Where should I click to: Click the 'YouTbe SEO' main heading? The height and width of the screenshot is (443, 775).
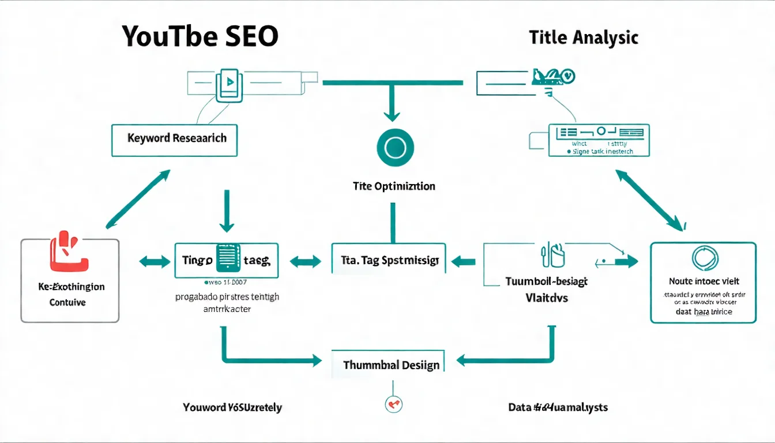coord(200,37)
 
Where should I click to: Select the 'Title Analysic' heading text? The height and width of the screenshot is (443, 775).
coord(584,38)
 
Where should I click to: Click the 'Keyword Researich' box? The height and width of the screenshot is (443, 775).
coord(174,139)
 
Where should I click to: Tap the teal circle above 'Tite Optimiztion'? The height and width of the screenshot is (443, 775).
coord(395,147)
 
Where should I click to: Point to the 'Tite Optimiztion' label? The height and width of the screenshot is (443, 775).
coord(394,187)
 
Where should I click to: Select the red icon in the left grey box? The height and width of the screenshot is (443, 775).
coord(69,251)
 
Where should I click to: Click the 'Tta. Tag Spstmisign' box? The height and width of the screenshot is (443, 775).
coord(388,261)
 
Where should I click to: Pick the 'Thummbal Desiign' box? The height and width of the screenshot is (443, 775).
coord(391,365)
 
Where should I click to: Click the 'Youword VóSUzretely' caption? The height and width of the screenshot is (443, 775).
coord(232,407)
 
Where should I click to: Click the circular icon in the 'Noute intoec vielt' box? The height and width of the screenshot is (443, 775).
coord(703,257)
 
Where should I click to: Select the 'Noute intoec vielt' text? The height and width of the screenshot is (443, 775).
coord(703,282)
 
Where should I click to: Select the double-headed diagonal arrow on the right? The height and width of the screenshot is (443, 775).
coord(650,198)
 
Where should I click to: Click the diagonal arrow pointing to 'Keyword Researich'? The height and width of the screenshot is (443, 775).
coord(138,198)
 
